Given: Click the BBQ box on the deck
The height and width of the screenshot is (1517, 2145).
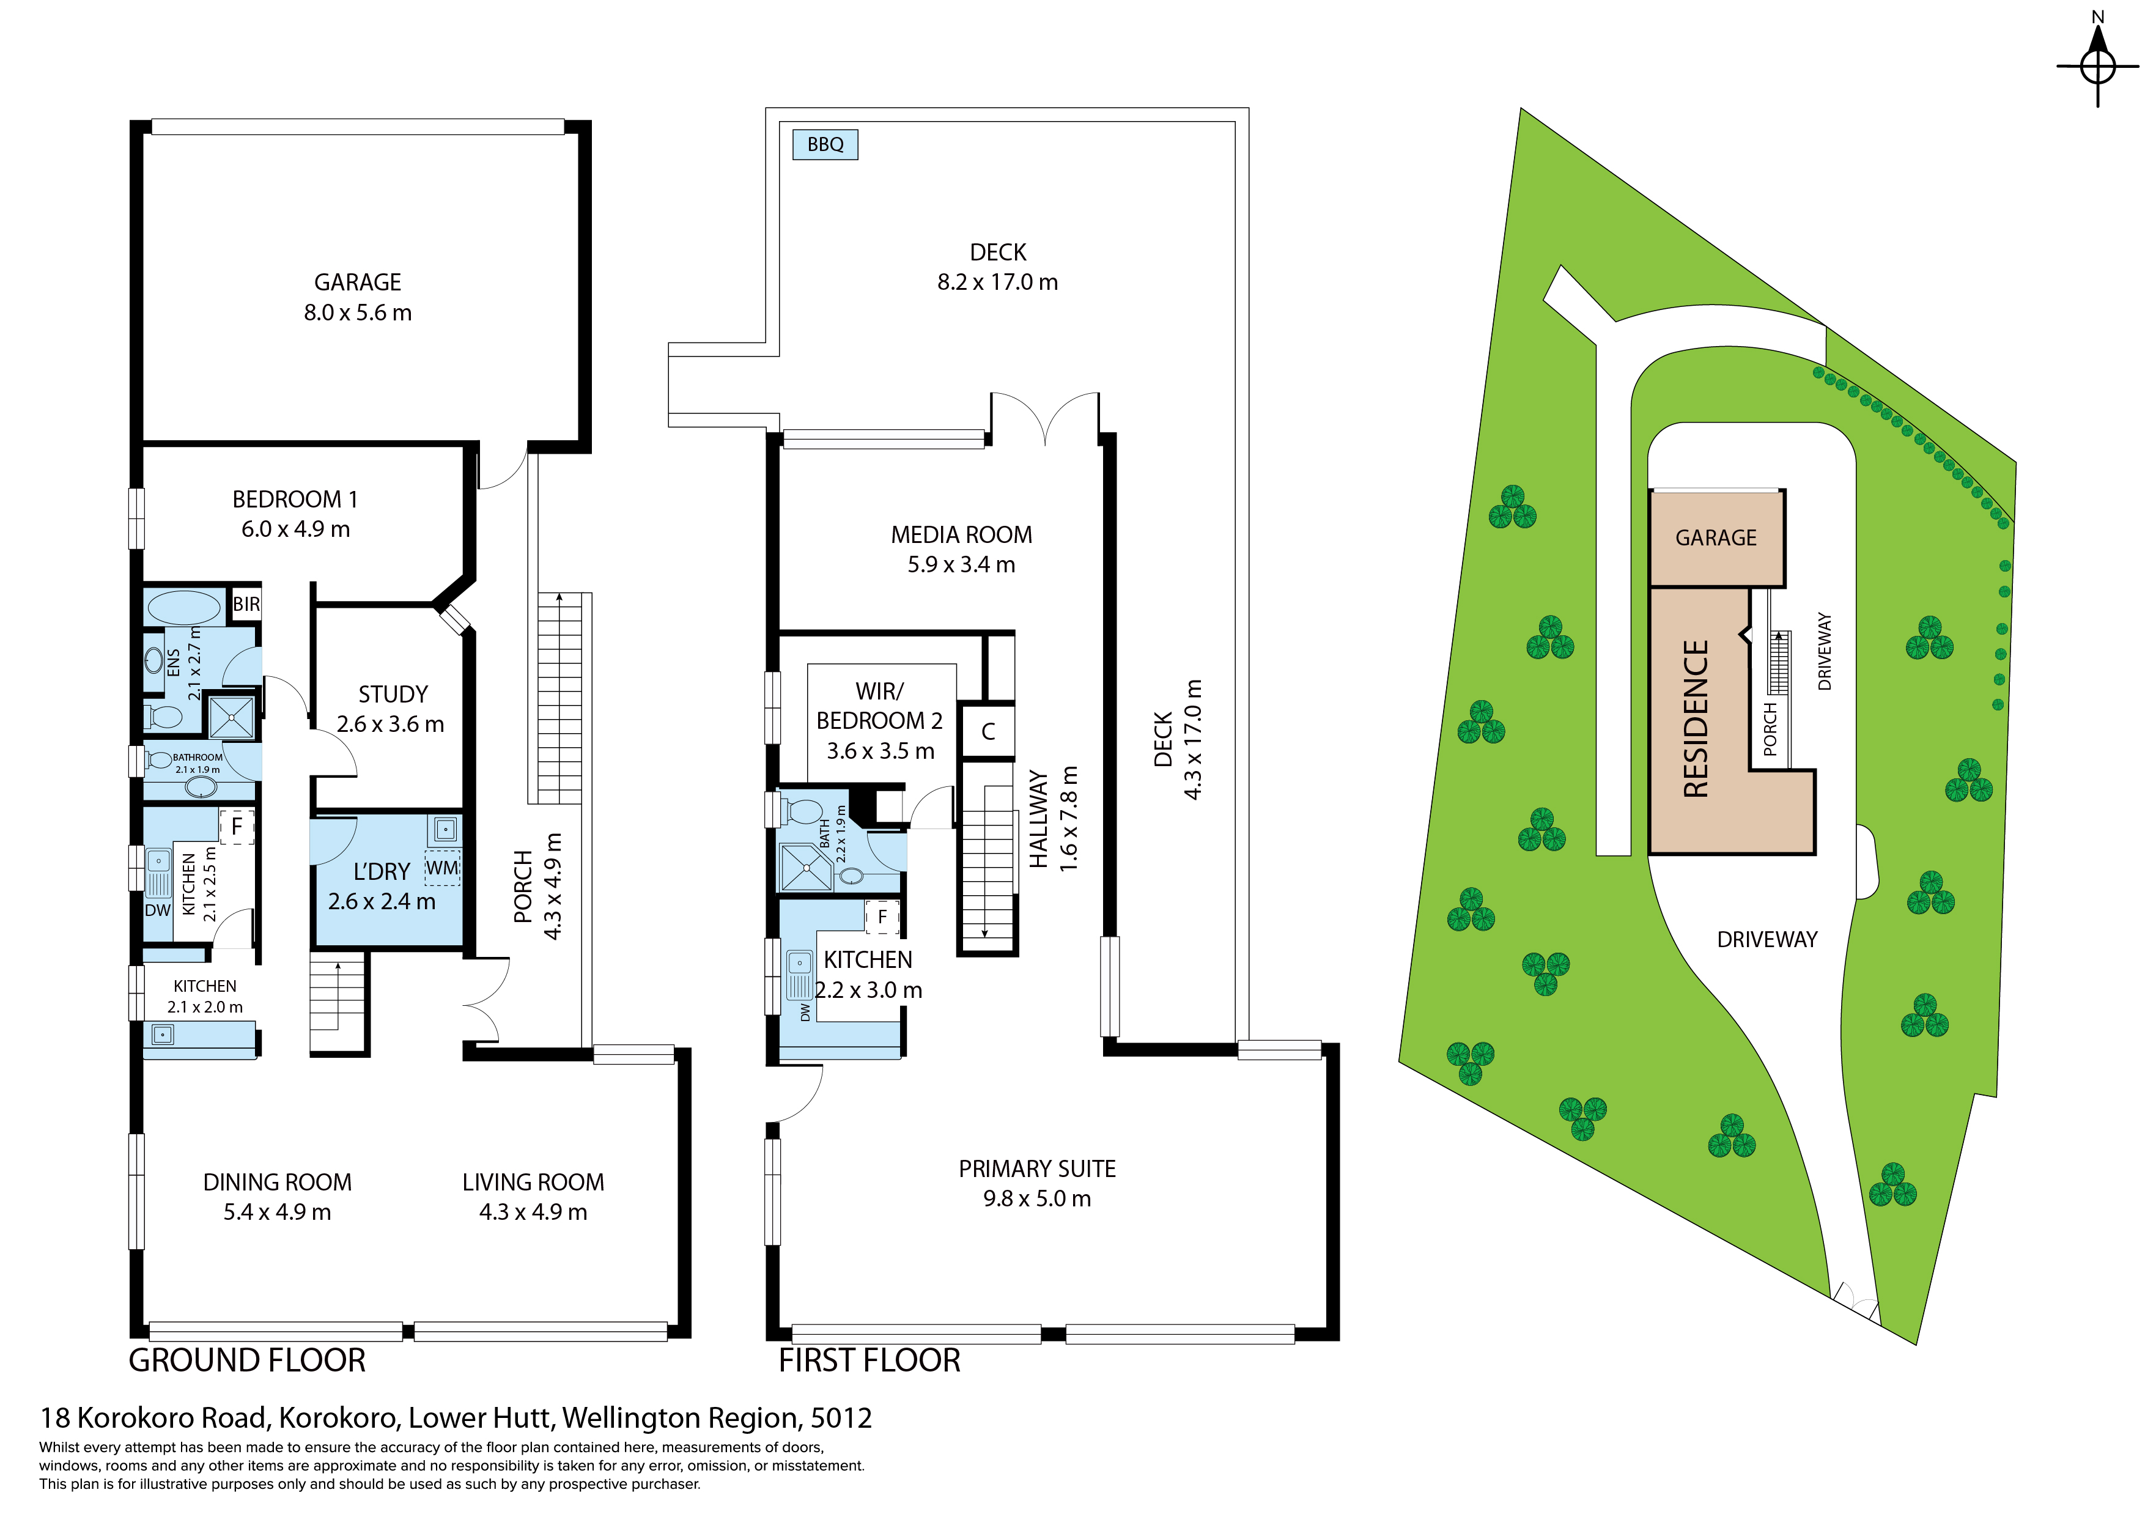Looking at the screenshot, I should tap(825, 145).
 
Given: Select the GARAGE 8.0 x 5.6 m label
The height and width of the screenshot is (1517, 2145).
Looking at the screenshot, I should tap(358, 297).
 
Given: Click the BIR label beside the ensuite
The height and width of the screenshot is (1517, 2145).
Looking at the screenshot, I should tap(246, 604).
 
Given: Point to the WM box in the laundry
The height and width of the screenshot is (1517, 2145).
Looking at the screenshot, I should tap(442, 868).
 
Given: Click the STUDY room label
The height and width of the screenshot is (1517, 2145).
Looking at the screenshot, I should tap(393, 694).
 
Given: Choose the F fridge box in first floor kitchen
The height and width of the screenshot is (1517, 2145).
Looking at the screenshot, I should tap(882, 917).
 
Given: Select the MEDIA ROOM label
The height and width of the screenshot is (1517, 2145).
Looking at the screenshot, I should tap(961, 535).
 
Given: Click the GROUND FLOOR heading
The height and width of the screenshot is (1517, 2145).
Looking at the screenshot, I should tap(246, 1360).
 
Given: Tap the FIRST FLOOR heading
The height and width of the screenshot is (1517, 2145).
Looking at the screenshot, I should tap(869, 1360).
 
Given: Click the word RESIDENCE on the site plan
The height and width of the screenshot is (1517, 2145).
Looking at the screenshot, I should tap(1696, 718).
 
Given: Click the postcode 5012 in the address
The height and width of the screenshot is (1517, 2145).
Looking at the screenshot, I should tap(841, 1418).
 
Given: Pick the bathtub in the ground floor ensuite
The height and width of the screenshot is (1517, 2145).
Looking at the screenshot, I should tap(184, 607).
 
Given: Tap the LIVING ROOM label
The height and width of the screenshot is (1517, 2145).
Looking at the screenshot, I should tap(533, 1183).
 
